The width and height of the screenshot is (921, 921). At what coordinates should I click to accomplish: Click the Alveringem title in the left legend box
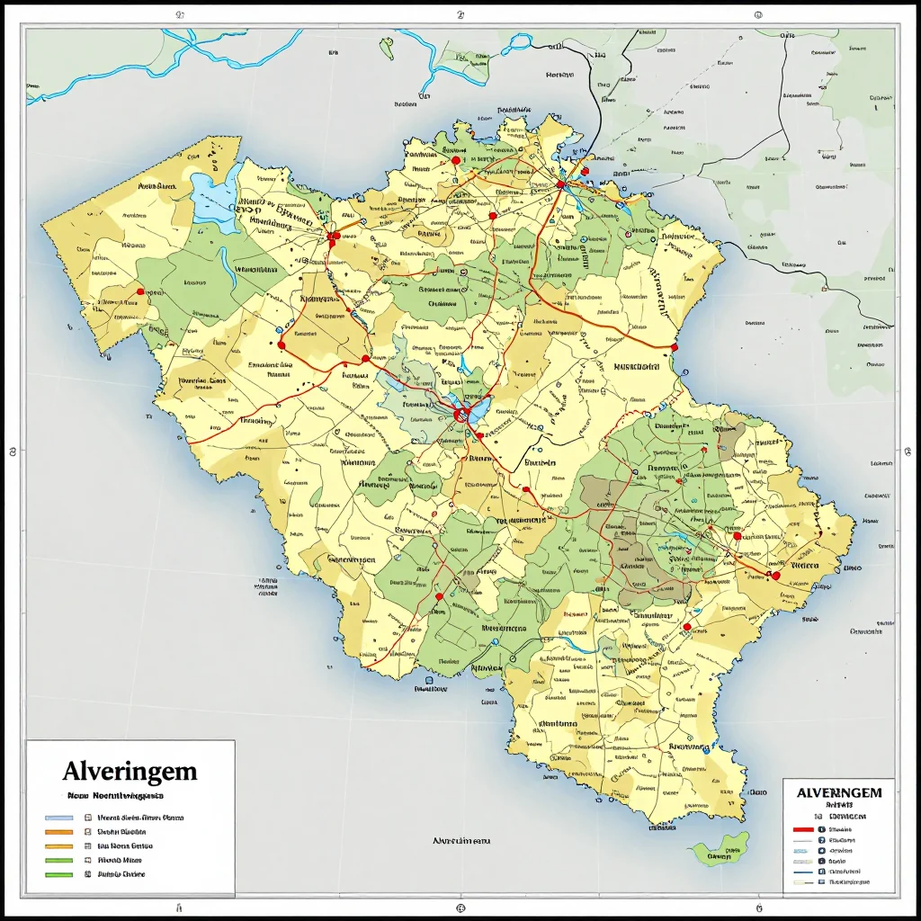(130, 771)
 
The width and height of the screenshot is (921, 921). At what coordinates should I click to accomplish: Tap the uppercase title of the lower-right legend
(839, 792)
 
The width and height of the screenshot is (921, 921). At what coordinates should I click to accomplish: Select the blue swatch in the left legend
(58, 818)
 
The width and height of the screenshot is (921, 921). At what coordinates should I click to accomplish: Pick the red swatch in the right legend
(803, 830)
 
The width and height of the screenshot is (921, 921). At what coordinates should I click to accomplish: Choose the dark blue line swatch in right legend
(803, 871)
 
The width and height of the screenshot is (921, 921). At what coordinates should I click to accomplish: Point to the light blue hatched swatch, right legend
(803, 850)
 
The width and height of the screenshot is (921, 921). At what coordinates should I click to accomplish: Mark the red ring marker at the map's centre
(462, 415)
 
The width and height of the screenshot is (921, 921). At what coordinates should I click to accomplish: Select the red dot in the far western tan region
(140, 291)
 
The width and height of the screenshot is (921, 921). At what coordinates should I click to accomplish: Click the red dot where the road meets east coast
(675, 345)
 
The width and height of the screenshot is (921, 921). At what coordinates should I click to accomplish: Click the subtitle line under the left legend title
(115, 796)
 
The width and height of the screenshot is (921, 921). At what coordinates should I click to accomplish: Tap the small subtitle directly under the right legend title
(838, 805)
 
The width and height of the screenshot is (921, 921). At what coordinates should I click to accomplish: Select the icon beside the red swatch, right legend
(821, 830)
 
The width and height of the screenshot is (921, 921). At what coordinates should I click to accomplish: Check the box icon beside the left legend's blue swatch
(87, 818)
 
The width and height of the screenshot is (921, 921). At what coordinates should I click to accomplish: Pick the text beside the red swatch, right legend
(841, 830)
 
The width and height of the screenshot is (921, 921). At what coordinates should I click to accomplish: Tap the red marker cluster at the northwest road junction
(333, 238)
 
